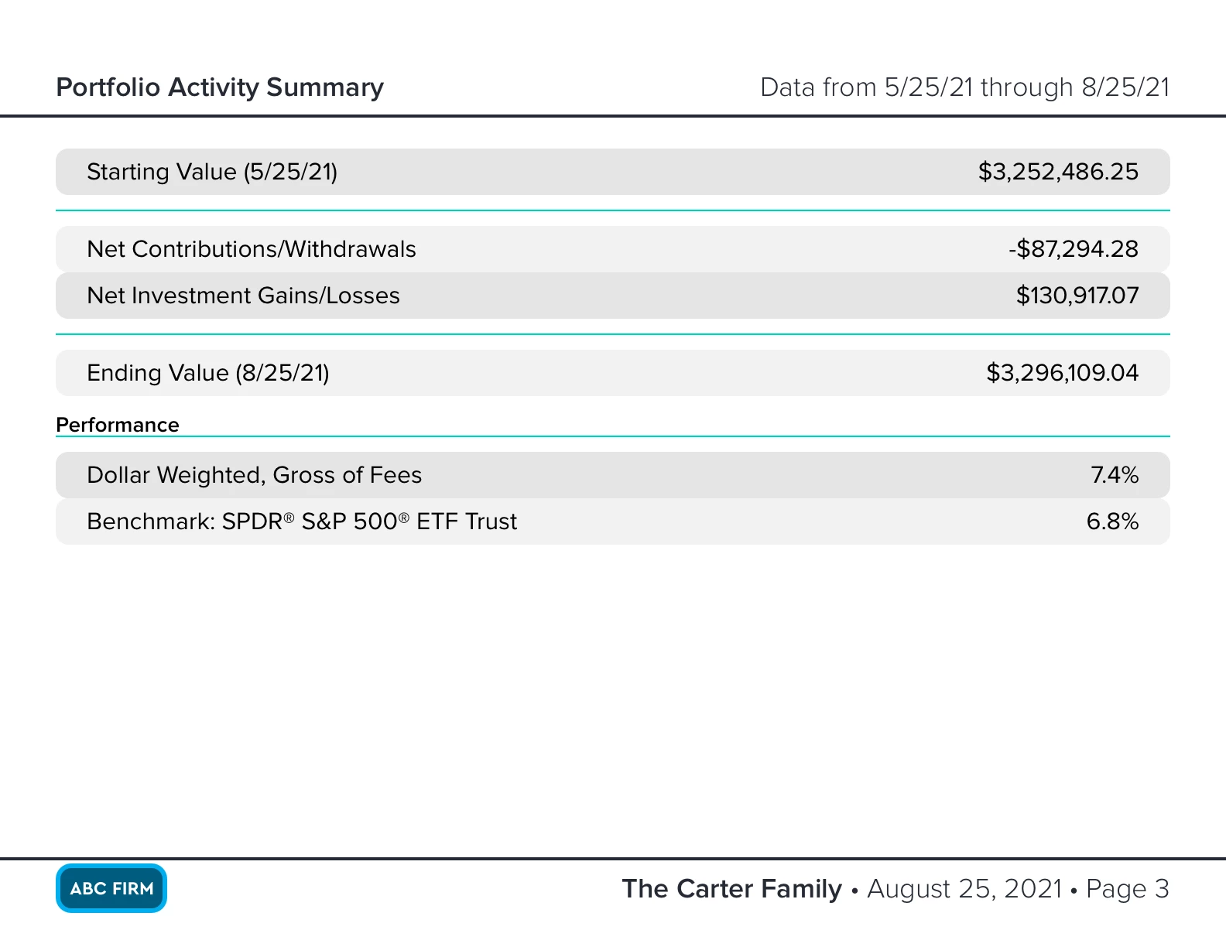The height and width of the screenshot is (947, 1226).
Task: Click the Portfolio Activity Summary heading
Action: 220,87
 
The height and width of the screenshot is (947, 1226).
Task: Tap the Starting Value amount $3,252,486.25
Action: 1058,172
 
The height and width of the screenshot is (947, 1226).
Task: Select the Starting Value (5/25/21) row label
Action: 212,172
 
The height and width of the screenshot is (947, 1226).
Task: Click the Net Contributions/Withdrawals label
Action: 252,249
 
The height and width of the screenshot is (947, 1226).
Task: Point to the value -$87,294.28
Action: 1074,249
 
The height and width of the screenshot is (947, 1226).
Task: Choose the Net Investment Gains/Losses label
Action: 243,296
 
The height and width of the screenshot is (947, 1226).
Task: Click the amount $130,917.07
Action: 1077,296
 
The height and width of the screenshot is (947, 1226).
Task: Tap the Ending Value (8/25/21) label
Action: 208,373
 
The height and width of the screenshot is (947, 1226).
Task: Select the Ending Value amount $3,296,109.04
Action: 1062,373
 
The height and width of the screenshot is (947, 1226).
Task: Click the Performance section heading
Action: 118,425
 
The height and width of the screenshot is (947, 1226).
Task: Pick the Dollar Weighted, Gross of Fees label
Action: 254,475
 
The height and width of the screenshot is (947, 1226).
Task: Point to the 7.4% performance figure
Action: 1115,475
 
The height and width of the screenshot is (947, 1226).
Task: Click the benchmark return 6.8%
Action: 1112,521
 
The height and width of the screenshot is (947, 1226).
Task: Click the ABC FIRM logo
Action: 111,888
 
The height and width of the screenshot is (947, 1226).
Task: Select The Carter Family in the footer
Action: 731,889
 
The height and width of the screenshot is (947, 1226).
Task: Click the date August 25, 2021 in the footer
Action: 964,889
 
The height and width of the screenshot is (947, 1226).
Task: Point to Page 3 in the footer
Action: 1127,889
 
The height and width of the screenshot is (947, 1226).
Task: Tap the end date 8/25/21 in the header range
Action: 1125,87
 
